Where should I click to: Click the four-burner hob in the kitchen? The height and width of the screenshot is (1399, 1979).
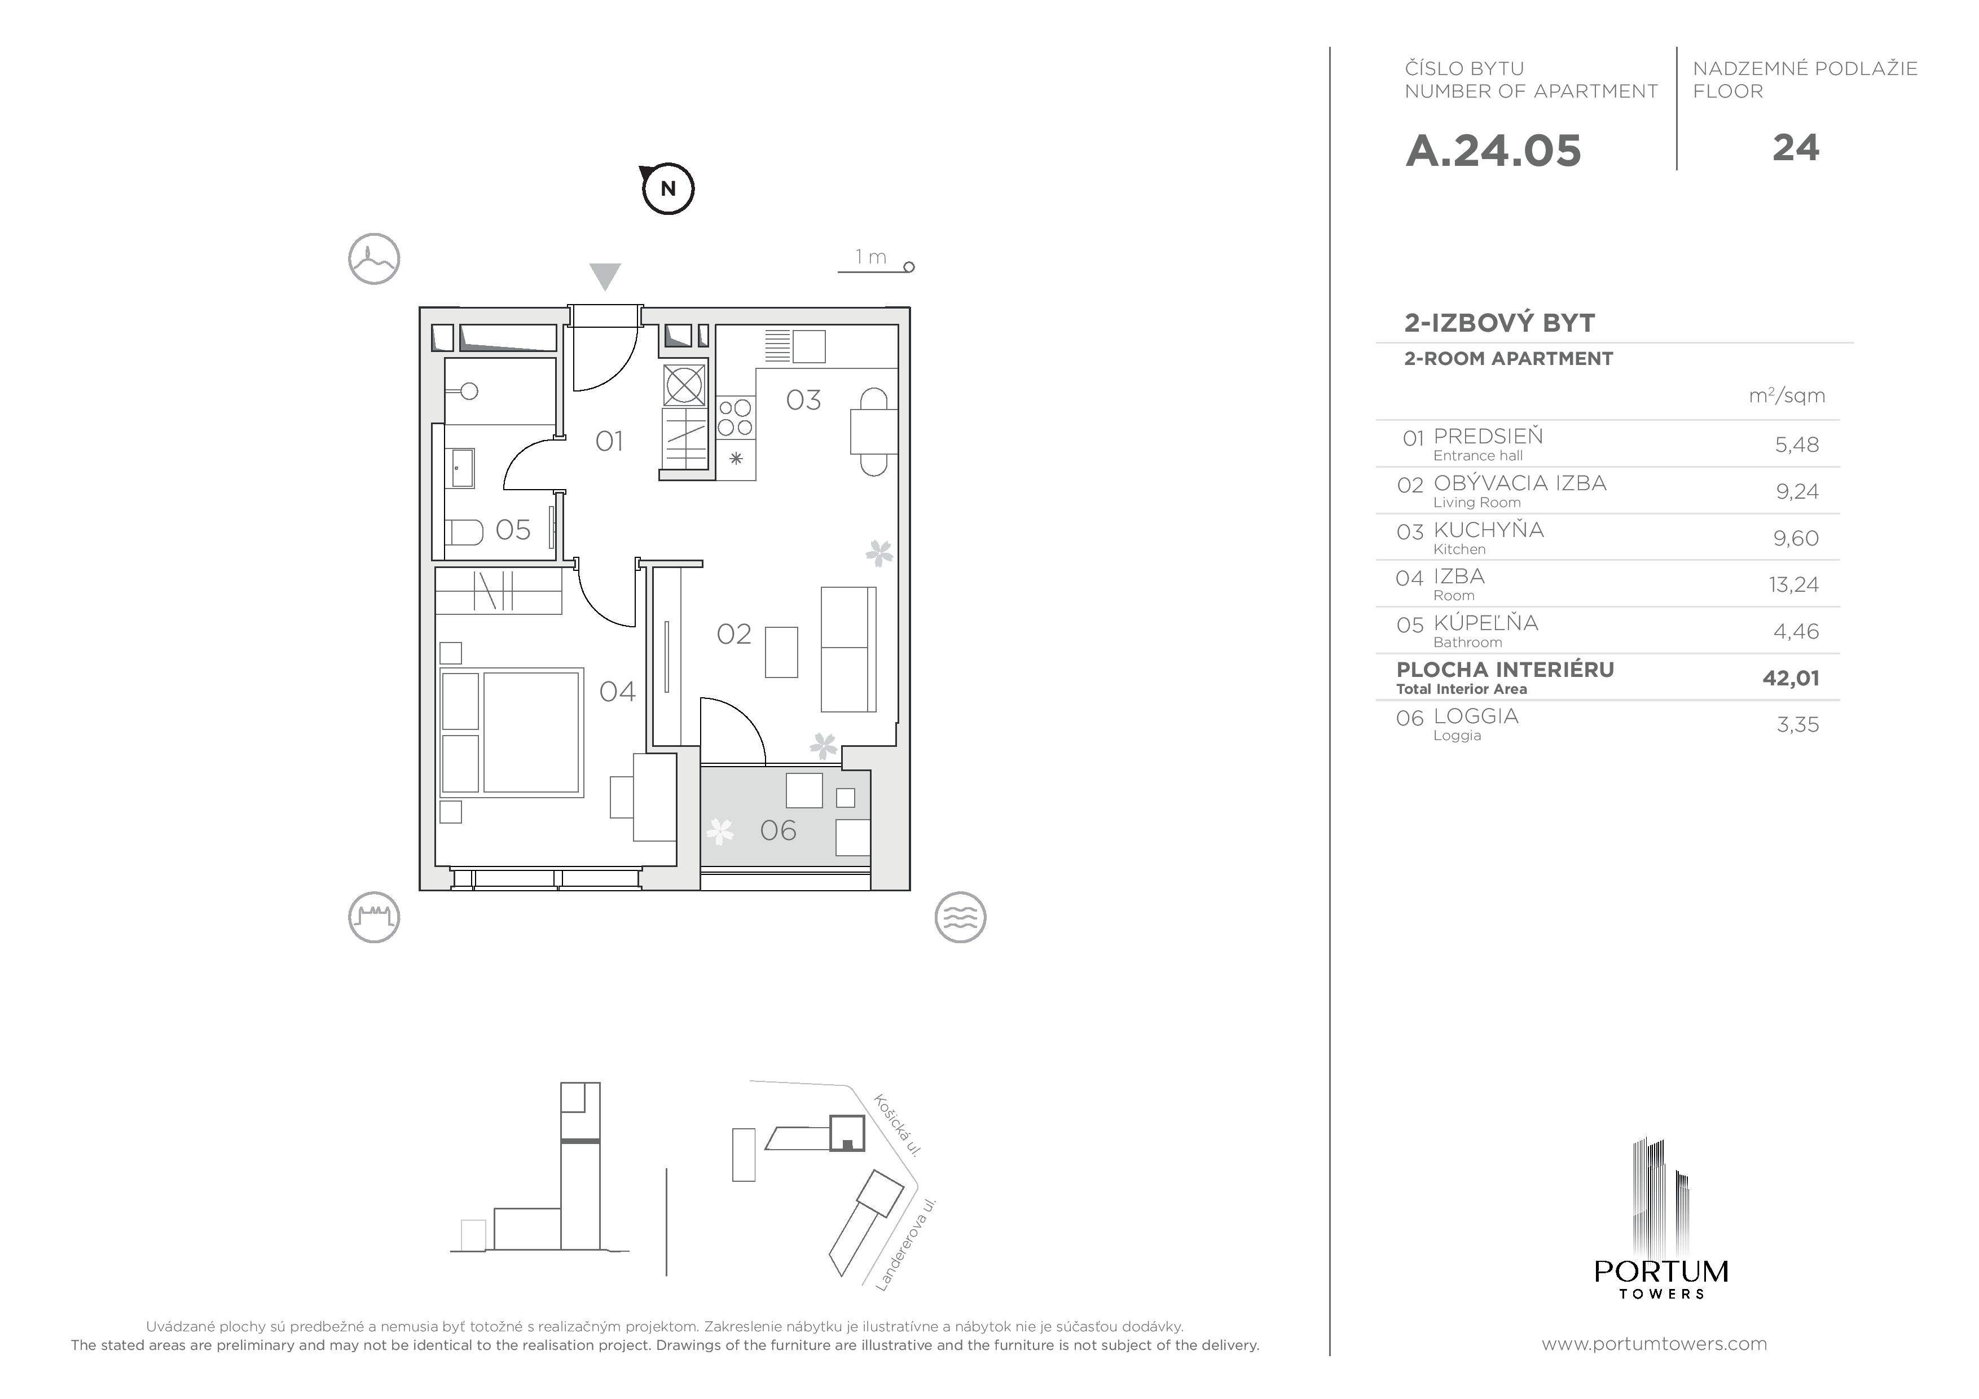(x=735, y=417)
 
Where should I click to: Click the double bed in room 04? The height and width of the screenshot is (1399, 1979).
(x=512, y=732)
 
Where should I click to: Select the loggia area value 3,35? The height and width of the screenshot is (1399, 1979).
(x=1797, y=724)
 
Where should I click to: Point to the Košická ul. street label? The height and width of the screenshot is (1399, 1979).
(x=898, y=1125)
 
